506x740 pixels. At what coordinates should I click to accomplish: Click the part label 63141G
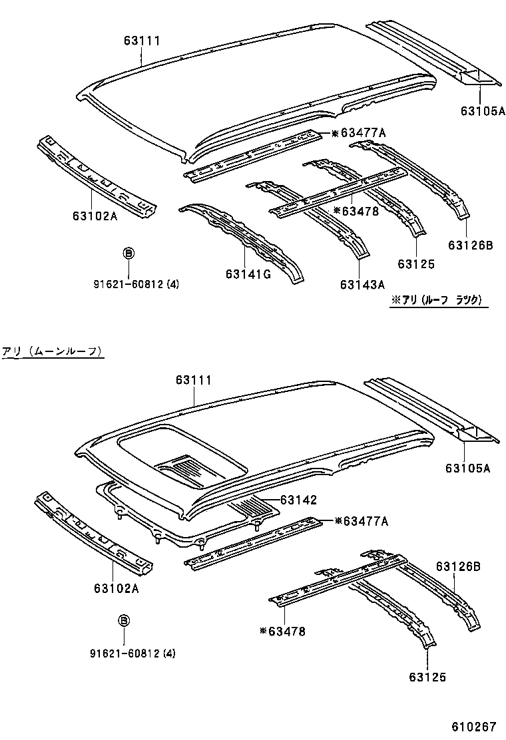[x=248, y=274]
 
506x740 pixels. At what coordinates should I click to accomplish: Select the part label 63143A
[x=363, y=285]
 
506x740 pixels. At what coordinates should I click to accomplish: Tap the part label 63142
[x=298, y=499]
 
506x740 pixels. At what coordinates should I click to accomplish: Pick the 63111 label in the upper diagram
[x=142, y=41]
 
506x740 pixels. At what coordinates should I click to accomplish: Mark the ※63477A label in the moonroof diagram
[x=360, y=520]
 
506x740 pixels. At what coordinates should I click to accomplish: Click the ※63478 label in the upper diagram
[x=356, y=210]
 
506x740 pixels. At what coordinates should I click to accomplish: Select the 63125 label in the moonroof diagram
[x=424, y=677]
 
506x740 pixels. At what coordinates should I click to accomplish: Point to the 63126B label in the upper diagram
[x=470, y=245]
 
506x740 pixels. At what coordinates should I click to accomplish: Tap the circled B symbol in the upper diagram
[x=128, y=254]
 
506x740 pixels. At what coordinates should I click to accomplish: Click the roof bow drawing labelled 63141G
[x=243, y=240]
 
